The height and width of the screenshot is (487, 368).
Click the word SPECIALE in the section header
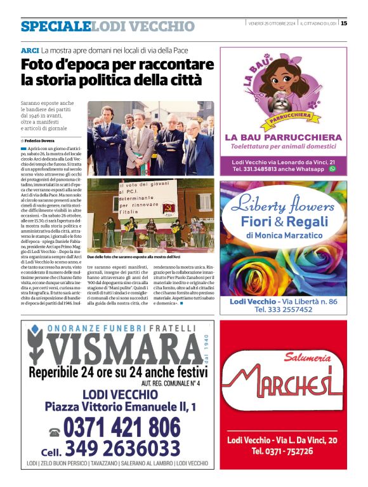point(55,26)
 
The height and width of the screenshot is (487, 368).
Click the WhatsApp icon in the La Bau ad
point(332,169)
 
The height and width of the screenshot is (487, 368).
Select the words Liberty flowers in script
point(283,205)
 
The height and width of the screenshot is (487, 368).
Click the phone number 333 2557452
point(283,309)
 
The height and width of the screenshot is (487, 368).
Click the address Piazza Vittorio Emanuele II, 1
point(120,407)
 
